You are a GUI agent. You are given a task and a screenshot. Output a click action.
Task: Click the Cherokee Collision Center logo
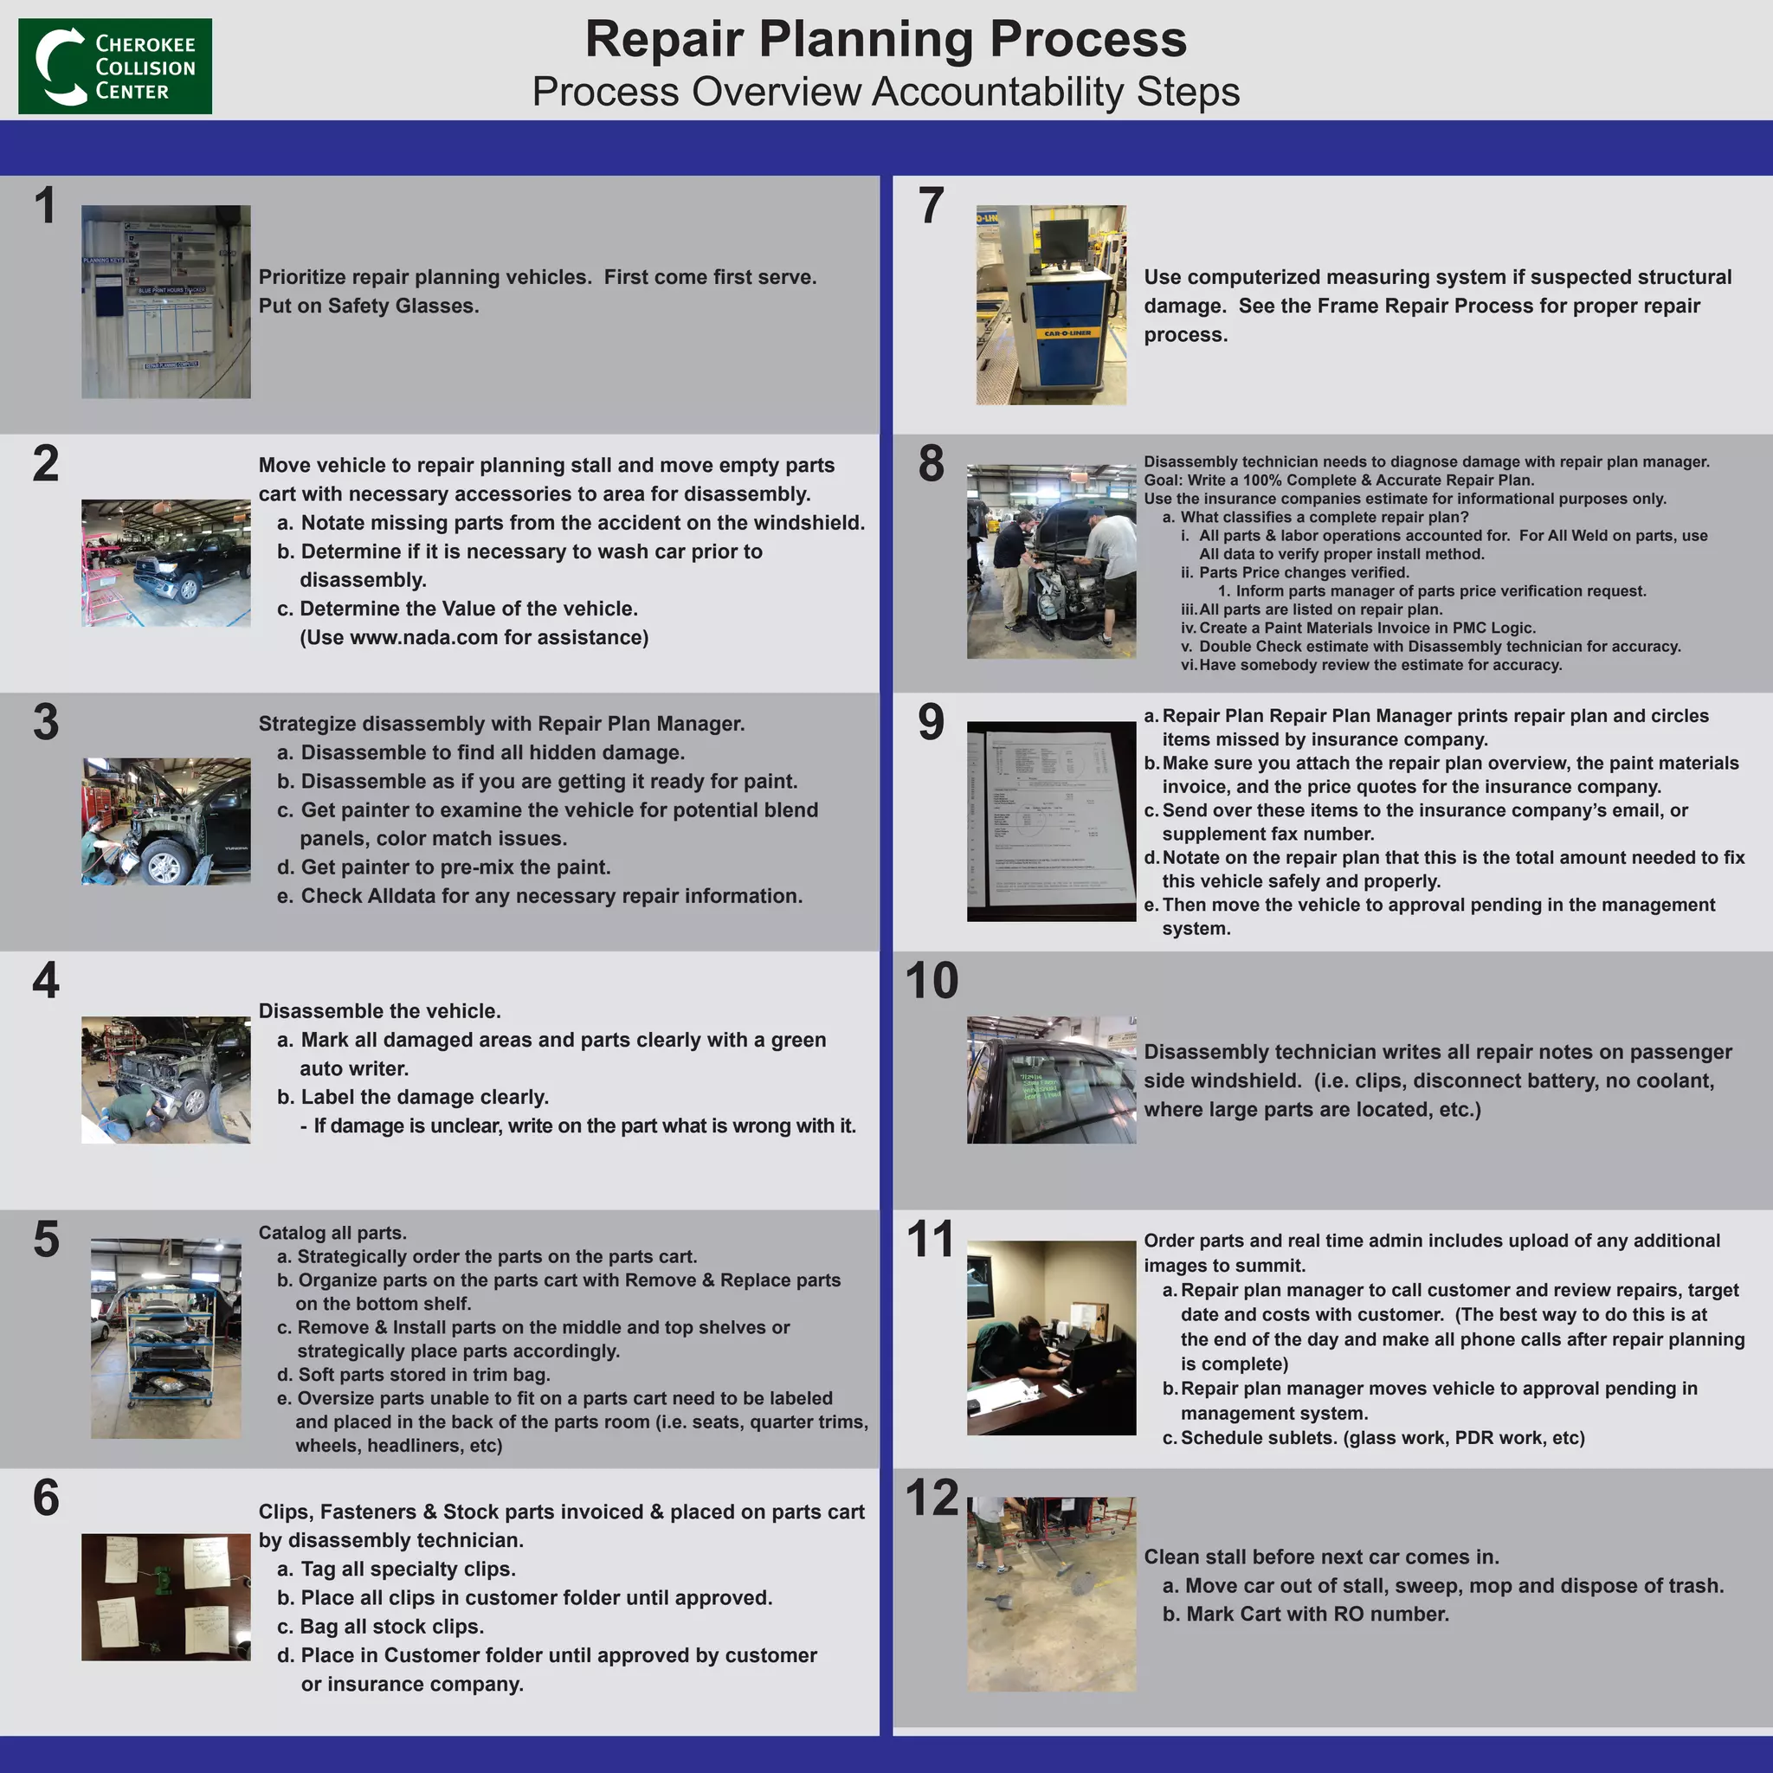tap(115, 66)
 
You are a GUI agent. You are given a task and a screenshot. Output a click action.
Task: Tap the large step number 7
tap(931, 205)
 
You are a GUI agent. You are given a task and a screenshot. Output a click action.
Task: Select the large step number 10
tap(932, 980)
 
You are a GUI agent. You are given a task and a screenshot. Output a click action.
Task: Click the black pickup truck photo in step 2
tap(166, 563)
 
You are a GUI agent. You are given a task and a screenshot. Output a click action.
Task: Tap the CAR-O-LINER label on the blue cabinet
tap(1067, 333)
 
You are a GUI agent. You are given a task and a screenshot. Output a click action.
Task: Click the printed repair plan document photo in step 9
tap(1051, 822)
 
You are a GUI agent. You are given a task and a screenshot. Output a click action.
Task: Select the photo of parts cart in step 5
tap(166, 1338)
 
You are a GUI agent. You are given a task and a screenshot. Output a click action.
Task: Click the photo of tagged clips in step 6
tap(165, 1596)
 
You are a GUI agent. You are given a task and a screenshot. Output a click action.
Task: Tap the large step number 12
tap(932, 1498)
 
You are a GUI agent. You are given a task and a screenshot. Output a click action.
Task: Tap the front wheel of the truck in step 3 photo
tap(165, 865)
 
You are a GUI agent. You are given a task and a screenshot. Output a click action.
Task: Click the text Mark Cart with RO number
tap(1317, 1615)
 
